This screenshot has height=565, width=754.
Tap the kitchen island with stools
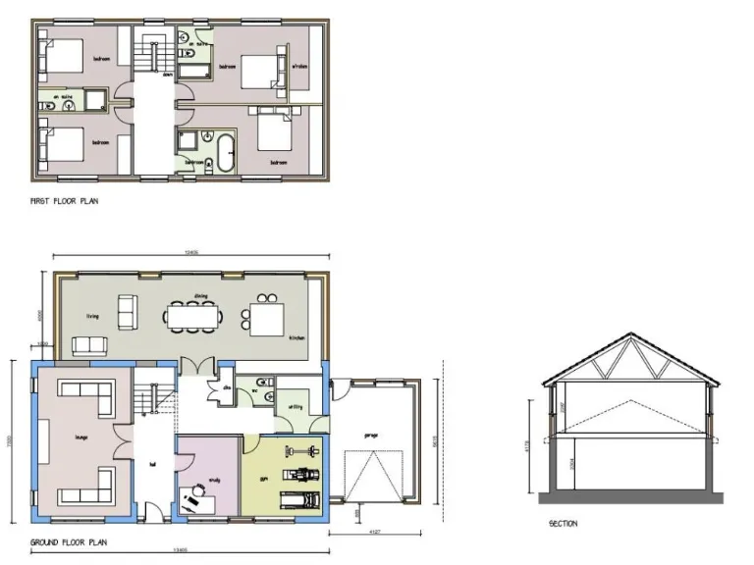pos(268,317)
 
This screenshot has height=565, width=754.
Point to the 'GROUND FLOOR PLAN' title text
pos(70,540)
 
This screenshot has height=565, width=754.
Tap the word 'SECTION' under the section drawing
pos(563,524)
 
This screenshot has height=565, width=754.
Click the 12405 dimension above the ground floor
pos(192,253)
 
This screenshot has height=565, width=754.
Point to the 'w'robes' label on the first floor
pos(299,67)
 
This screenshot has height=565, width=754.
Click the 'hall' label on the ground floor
pos(153,467)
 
